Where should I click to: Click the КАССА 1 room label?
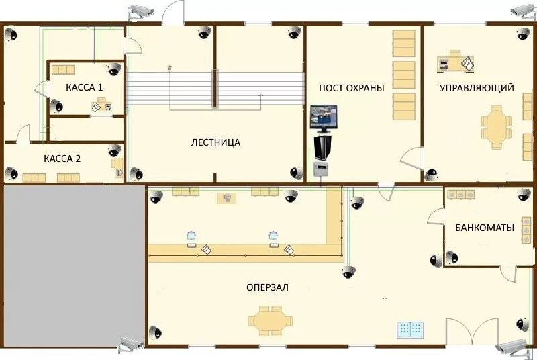click(85, 87)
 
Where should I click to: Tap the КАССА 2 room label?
click(62, 159)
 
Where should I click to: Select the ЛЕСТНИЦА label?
click(215, 142)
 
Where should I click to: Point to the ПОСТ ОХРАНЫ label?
click(351, 88)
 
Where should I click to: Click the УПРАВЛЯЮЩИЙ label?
click(477, 88)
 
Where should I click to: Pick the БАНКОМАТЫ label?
click(485, 228)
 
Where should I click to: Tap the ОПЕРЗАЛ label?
click(267, 287)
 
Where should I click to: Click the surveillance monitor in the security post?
click(324, 119)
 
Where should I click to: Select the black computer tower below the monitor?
click(323, 148)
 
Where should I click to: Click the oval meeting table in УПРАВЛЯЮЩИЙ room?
click(496, 128)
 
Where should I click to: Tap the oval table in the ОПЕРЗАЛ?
click(271, 321)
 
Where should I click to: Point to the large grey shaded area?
click(75, 266)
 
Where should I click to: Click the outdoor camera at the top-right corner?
click(523, 11)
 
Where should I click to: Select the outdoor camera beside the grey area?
click(130, 345)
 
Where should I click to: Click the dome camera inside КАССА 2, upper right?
click(115, 150)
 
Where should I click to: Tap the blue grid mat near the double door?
click(410, 330)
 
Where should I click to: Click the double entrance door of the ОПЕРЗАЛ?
click(472, 332)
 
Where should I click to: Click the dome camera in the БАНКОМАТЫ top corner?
click(524, 195)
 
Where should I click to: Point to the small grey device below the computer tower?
click(322, 169)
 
